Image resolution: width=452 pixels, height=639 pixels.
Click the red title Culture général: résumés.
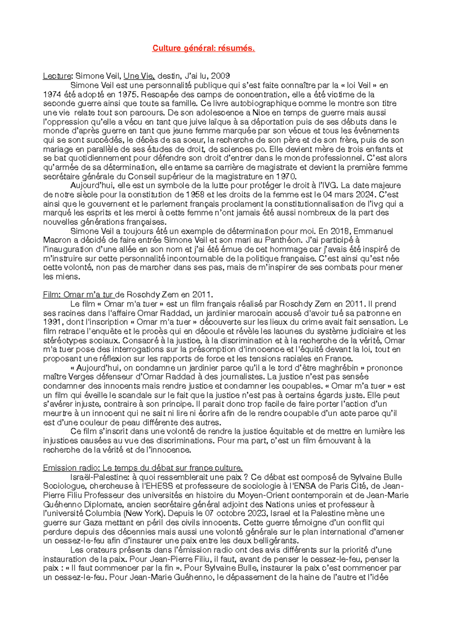(203, 48)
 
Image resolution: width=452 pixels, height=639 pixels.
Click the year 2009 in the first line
(220, 76)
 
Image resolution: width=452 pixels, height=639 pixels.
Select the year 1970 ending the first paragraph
(286, 176)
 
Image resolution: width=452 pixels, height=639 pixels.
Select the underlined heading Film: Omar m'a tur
(78, 295)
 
